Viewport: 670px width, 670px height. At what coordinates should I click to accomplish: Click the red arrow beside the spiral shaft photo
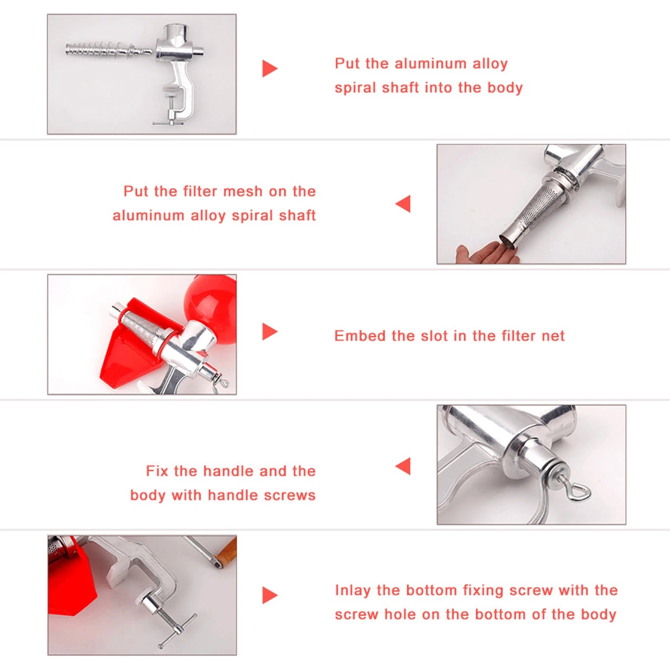coord(269,69)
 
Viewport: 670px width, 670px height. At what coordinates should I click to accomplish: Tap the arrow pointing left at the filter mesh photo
coord(403,204)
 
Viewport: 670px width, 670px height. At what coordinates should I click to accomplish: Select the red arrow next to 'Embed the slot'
coord(269,332)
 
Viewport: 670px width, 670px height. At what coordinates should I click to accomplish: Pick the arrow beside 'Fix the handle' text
coord(403,466)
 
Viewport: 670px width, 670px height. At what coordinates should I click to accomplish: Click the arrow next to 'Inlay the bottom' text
coord(269,596)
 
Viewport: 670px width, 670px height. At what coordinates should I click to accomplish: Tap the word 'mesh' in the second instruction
coord(242,191)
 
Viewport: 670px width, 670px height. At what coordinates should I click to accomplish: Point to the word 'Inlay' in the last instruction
coord(352,590)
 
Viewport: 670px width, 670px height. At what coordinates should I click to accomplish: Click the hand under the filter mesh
coord(485,254)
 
